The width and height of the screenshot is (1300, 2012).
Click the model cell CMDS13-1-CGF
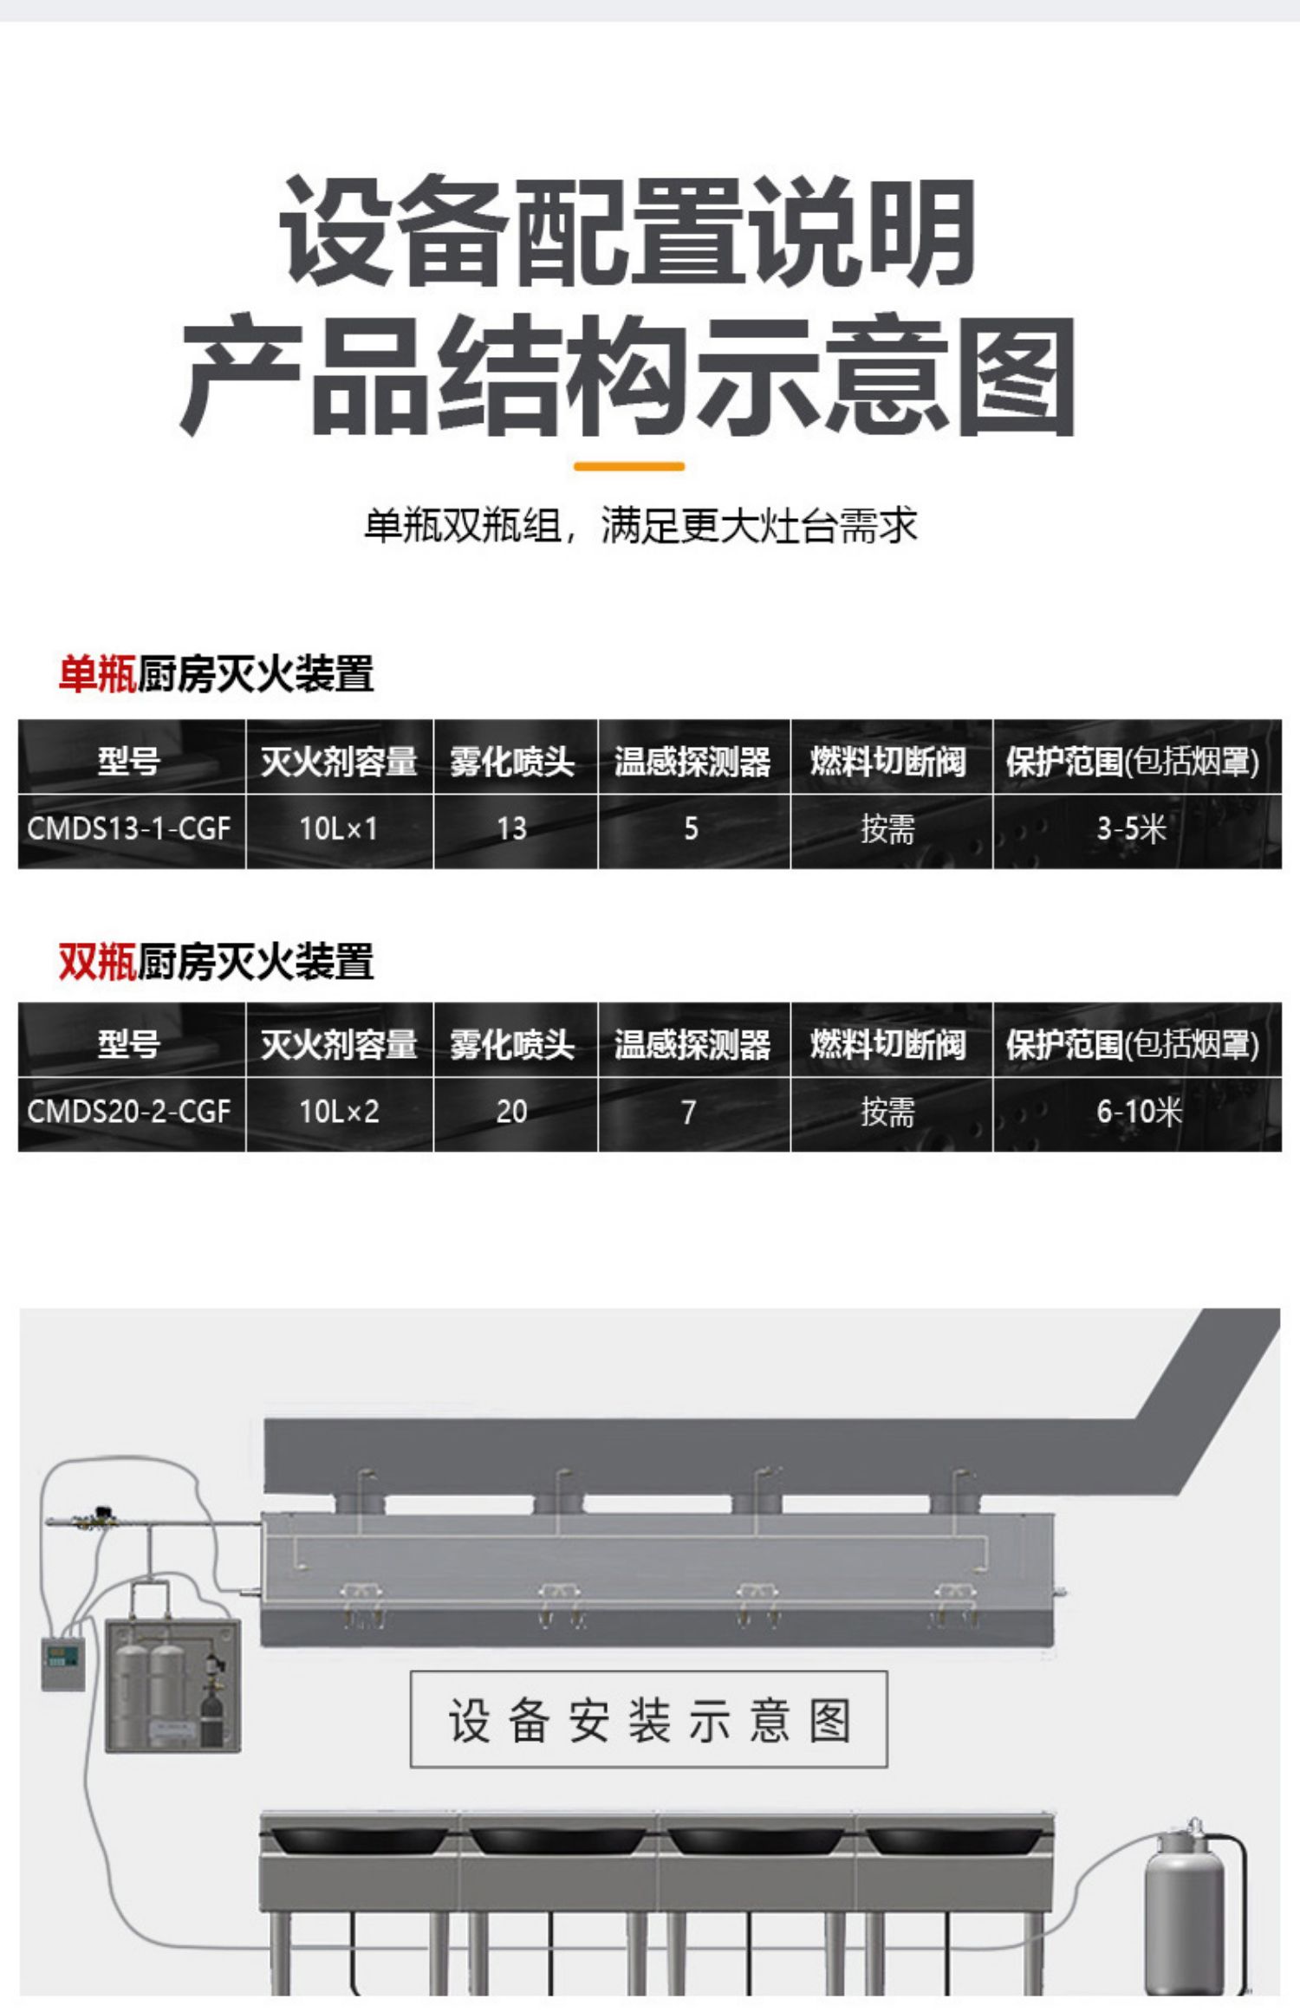129,828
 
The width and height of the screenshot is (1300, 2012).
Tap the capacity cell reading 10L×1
339,828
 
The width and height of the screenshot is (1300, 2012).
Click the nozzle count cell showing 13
511,828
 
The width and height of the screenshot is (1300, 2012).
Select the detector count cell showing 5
691,828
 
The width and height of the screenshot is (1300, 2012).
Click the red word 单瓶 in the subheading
97,674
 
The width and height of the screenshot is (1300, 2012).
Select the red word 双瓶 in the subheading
97,962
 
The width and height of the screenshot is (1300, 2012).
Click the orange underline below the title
629,466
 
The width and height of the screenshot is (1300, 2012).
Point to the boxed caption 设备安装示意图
648,1719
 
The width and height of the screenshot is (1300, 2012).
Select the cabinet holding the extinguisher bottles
172,1685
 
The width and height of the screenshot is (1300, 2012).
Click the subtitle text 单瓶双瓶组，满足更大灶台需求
640,525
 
